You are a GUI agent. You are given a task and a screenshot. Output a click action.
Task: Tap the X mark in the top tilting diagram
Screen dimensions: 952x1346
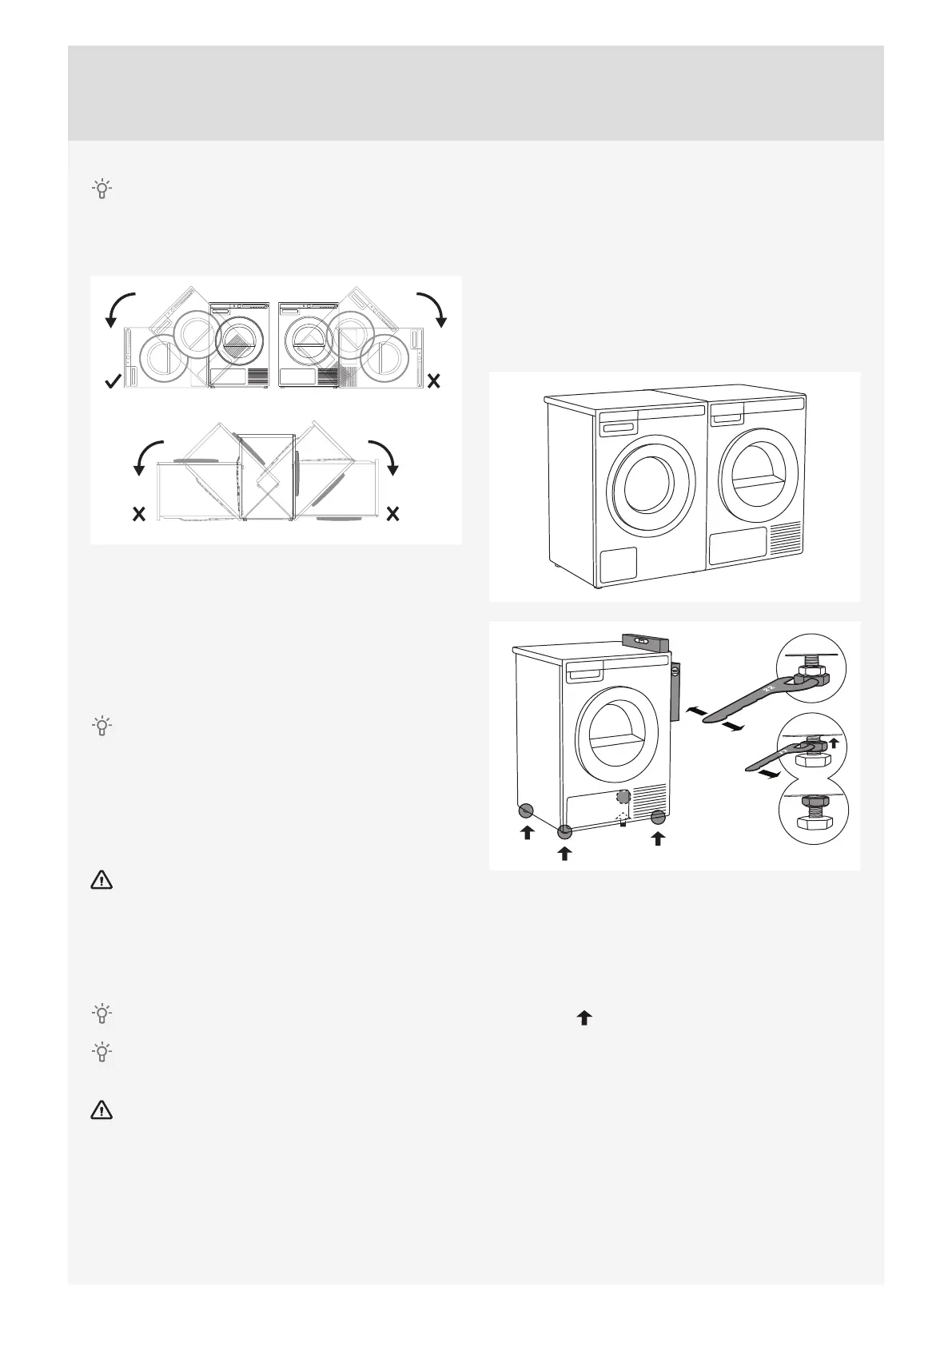coord(433,383)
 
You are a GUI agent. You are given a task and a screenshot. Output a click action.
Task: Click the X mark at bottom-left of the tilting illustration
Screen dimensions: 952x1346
coord(139,513)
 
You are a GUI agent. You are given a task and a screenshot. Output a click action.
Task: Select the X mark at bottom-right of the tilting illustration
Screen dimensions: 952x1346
coord(392,513)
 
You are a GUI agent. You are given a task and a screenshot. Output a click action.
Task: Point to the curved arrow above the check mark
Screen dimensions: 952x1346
coord(120,309)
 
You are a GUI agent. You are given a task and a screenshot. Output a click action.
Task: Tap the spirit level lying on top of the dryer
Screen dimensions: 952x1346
coord(643,641)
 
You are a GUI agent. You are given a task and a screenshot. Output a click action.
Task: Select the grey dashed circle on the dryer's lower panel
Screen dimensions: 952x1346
coord(623,796)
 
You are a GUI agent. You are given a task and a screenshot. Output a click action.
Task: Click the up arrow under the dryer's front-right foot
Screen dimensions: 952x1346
coord(658,838)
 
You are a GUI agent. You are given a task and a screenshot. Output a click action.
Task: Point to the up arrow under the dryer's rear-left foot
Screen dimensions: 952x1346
coord(527,833)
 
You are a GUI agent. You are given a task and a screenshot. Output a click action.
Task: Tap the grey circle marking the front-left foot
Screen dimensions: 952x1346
coord(564,830)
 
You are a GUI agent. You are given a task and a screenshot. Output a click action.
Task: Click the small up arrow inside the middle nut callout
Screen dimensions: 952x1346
coord(834,743)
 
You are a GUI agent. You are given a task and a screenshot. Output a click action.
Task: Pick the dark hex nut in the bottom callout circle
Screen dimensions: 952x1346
coord(813,823)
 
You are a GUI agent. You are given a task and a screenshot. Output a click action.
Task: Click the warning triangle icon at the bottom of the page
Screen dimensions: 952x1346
coord(102,1110)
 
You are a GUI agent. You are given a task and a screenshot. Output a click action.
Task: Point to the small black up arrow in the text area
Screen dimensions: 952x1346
coord(584,1017)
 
